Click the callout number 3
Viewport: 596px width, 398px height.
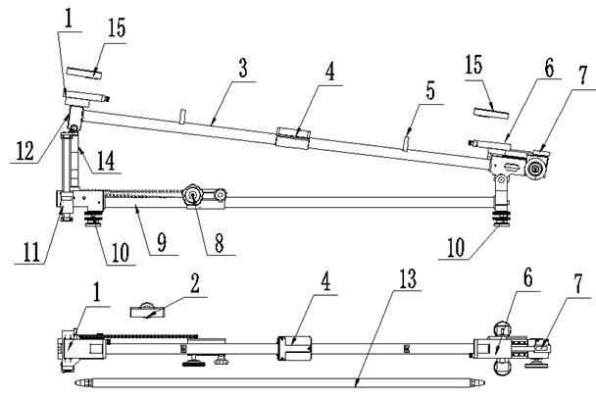click(243, 68)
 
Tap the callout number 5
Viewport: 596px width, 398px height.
click(430, 91)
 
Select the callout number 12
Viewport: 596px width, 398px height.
click(25, 150)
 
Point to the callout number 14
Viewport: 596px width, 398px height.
click(106, 160)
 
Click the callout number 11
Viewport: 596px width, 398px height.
click(32, 252)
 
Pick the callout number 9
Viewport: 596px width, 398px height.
click(162, 242)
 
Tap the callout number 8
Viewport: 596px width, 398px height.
click(220, 242)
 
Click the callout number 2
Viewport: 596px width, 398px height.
click(195, 283)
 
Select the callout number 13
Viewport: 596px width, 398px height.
click(408, 278)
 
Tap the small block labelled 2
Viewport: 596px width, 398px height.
click(148, 311)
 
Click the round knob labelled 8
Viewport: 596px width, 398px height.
click(193, 197)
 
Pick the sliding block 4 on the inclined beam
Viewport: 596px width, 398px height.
click(292, 137)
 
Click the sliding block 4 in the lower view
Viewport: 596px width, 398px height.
click(295, 348)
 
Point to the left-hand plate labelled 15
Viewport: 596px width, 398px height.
click(84, 73)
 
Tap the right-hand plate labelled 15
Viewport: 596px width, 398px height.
click(491, 114)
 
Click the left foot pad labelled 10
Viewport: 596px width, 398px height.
click(93, 220)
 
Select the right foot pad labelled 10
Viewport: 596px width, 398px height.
click(501, 220)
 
